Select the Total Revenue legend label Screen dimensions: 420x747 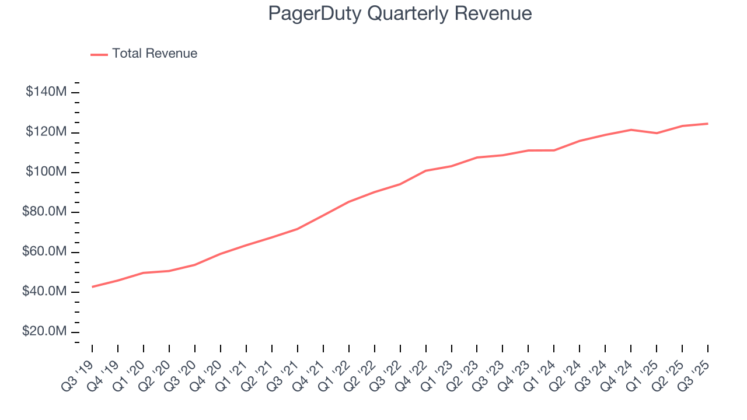[155, 54]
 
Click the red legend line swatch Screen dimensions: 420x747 [99, 54]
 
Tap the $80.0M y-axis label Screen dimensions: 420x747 [44, 212]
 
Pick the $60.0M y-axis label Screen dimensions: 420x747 [44, 252]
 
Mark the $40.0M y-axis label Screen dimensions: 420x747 [44, 292]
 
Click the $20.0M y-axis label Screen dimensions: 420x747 [44, 332]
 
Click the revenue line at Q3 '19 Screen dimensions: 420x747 [93, 286]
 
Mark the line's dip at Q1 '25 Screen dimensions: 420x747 [657, 133]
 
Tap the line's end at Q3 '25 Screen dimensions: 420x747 [708, 124]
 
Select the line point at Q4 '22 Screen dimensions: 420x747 [426, 170]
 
